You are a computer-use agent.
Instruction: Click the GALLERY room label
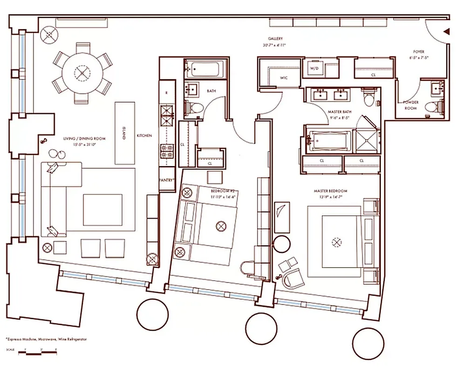(275, 39)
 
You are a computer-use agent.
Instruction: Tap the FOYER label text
(418, 52)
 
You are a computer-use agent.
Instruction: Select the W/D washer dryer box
(313, 69)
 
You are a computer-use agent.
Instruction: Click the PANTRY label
(167, 180)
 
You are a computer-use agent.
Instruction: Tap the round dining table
(82, 73)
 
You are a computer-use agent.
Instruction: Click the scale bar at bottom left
(37, 353)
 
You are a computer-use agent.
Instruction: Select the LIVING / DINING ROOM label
(84, 139)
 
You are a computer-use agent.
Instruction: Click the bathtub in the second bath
(204, 69)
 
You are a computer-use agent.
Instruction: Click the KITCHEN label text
(144, 136)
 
